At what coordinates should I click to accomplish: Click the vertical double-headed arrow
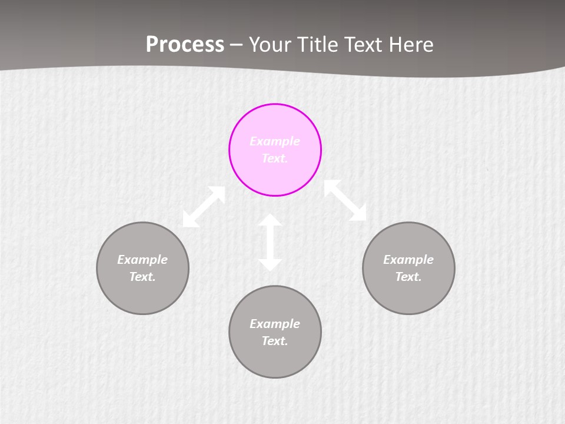pyautogui.click(x=270, y=243)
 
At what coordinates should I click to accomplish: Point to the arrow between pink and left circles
pyautogui.click(x=204, y=207)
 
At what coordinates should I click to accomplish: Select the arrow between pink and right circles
pyautogui.click(x=345, y=200)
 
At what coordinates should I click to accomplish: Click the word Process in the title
pyautogui.click(x=185, y=44)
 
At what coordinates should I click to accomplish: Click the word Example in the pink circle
pyautogui.click(x=275, y=141)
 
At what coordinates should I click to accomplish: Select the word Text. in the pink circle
pyautogui.click(x=275, y=158)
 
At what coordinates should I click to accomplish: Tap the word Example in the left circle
pyautogui.click(x=142, y=260)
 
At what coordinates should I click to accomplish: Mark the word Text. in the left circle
pyautogui.click(x=142, y=277)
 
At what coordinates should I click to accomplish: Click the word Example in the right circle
pyautogui.click(x=408, y=260)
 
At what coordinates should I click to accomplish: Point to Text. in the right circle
pyautogui.click(x=408, y=277)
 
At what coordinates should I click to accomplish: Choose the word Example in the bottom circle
pyautogui.click(x=275, y=324)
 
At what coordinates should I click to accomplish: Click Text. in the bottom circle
pyautogui.click(x=275, y=341)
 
